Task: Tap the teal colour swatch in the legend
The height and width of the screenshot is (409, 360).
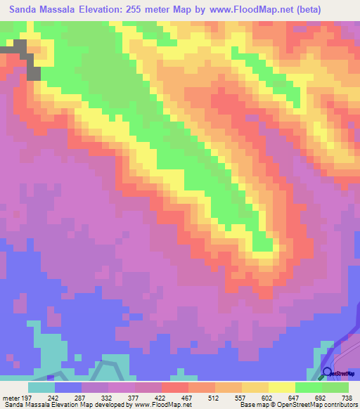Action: (x=41, y=387)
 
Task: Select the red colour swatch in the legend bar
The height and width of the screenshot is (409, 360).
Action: (x=175, y=387)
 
